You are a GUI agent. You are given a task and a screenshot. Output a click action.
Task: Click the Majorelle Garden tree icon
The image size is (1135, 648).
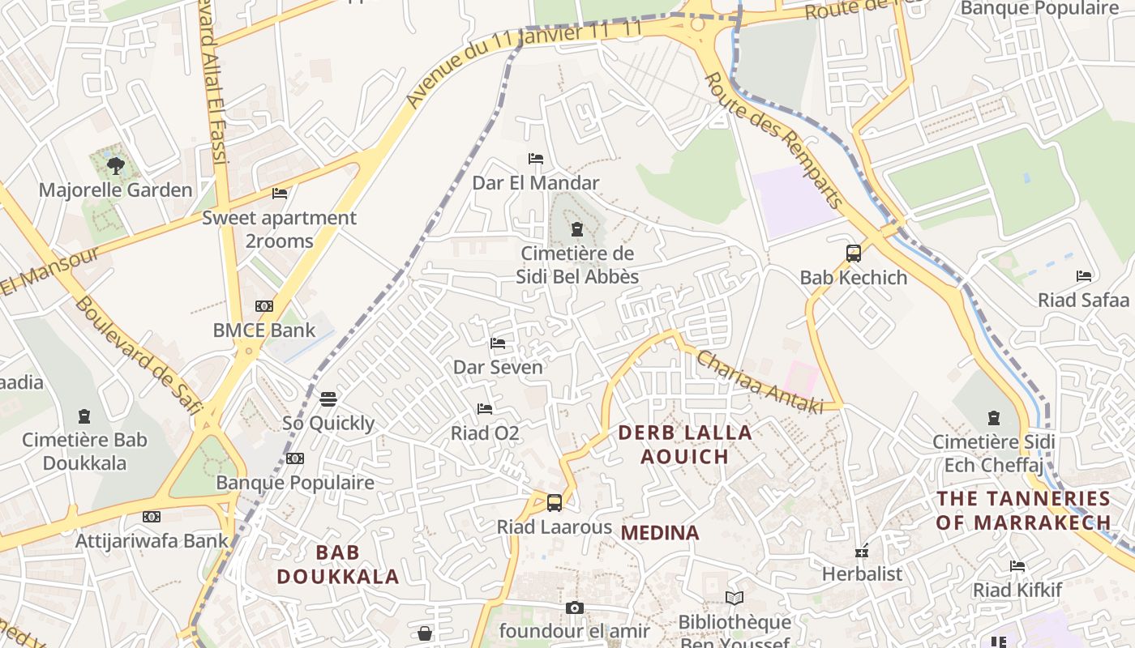point(115,166)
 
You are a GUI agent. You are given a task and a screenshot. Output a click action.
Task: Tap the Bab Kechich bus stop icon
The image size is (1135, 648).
point(853,253)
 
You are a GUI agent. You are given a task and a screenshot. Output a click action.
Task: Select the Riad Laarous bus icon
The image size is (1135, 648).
point(555,502)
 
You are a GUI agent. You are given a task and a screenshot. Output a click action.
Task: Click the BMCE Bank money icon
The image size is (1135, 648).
point(264,306)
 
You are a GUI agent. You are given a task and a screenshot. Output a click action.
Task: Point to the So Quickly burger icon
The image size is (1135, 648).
point(328,399)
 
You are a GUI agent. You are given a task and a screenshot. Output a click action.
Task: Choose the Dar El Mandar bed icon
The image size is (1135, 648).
point(536,159)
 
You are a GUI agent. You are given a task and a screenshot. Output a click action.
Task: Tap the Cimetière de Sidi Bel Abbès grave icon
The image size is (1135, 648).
point(577,229)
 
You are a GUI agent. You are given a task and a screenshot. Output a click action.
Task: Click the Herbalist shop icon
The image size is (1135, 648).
point(862,551)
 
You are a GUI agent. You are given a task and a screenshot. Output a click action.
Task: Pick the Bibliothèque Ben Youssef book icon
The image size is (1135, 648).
point(735,599)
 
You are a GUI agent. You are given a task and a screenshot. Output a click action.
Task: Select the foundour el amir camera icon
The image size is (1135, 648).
point(574,607)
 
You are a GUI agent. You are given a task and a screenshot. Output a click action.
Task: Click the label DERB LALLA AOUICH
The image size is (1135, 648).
point(685,444)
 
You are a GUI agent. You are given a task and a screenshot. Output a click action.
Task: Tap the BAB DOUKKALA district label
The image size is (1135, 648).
point(338,565)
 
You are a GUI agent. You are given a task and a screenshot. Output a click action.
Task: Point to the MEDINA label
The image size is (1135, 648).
point(660,533)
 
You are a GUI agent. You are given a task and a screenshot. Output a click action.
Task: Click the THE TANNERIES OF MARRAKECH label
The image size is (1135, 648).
point(1023,510)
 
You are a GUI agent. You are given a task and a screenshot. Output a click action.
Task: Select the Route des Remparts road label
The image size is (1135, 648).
point(774,139)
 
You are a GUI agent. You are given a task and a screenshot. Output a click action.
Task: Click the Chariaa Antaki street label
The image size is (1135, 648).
point(759,382)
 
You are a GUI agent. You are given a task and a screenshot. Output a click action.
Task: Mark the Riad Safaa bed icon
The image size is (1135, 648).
point(1084,276)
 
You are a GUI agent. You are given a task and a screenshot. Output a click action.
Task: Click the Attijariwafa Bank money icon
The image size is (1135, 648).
point(152,517)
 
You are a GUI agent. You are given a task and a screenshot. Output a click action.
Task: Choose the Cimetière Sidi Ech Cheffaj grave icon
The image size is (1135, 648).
point(994,418)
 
